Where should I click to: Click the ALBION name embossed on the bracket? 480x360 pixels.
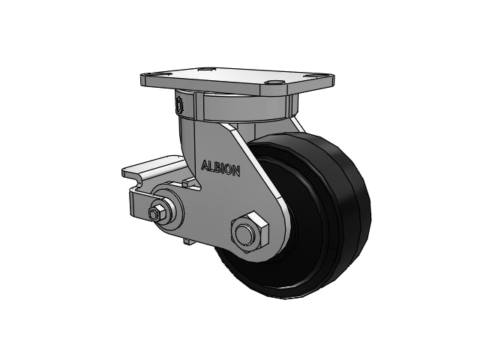tap(220, 168)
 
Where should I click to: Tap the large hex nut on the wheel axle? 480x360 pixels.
tap(249, 232)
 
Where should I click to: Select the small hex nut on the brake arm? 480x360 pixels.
tap(157, 212)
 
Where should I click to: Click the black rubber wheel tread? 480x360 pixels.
tap(343, 214)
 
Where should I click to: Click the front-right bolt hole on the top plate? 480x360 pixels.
tap(274, 82)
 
